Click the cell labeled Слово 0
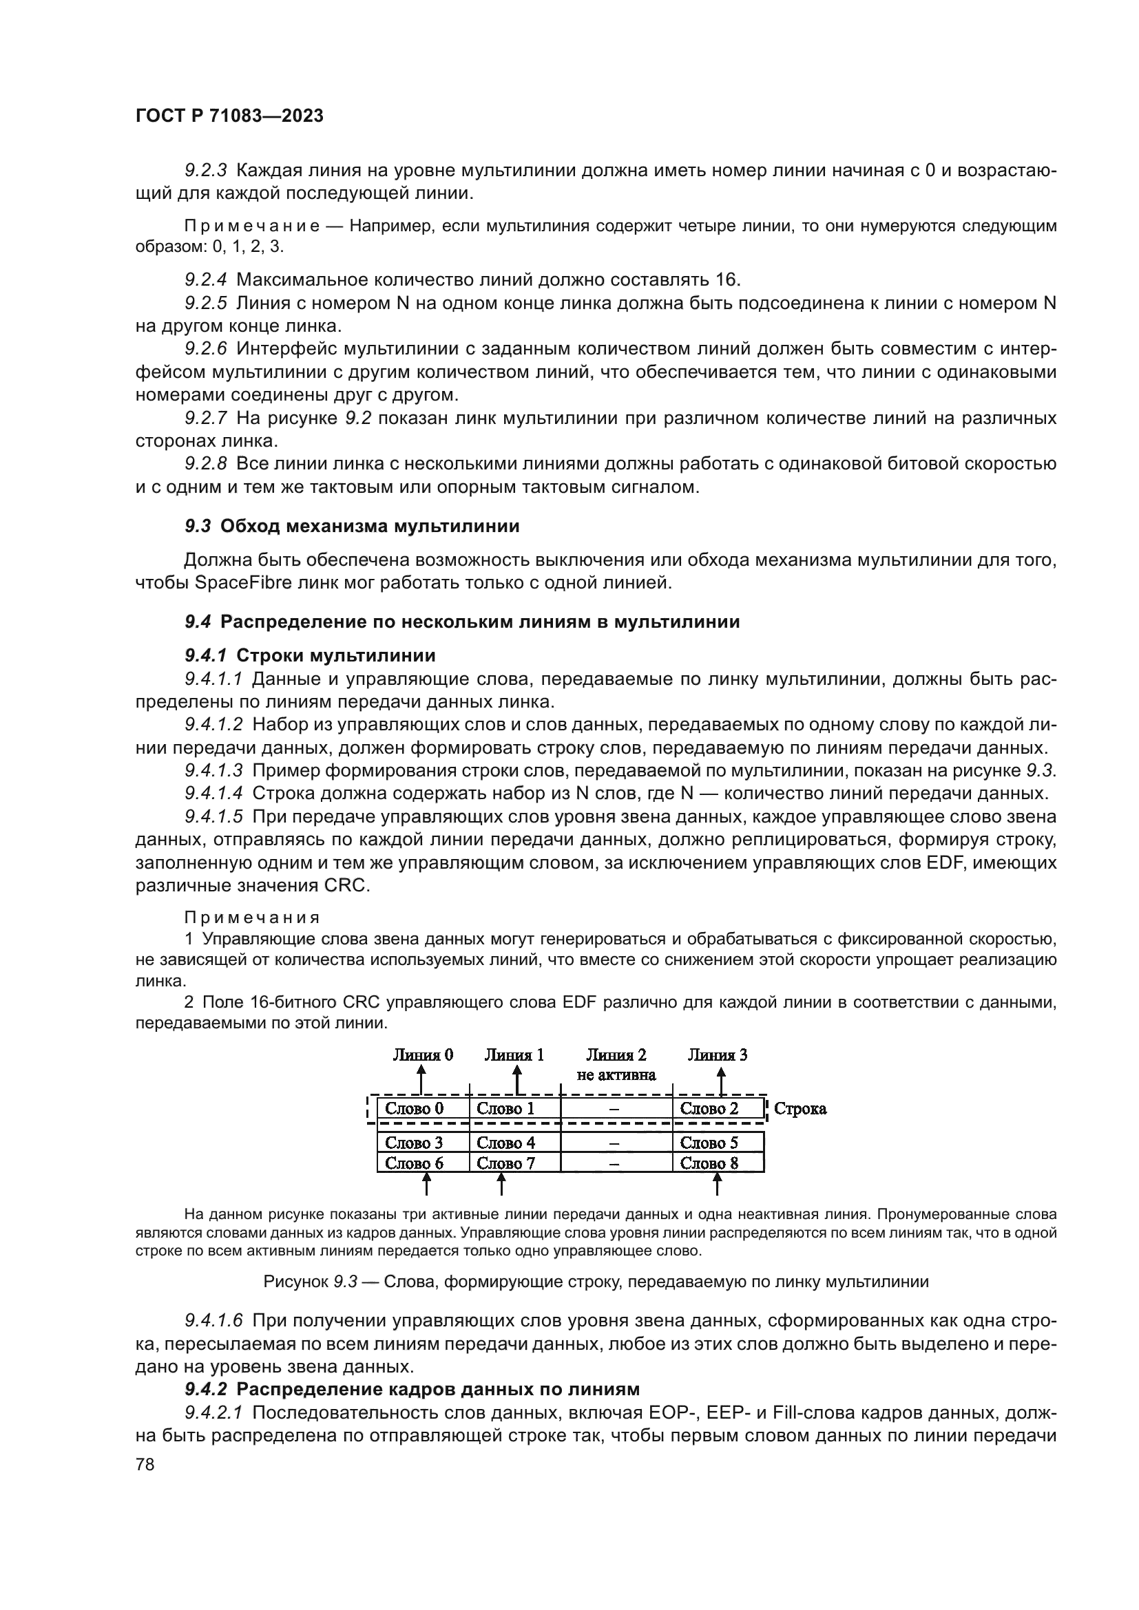pos(415,1109)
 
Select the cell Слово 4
pos(505,1143)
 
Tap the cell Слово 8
pos(709,1163)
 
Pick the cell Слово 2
pos(709,1109)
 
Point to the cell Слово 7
pos(505,1163)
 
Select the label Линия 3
pos(718,1055)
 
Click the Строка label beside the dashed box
pos(800,1109)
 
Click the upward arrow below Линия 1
pos(517,1080)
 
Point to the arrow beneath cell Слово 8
pos(717,1185)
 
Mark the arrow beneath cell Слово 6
pos(426,1185)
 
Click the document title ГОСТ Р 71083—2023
pos(229,116)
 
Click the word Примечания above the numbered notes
pos(252,918)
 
